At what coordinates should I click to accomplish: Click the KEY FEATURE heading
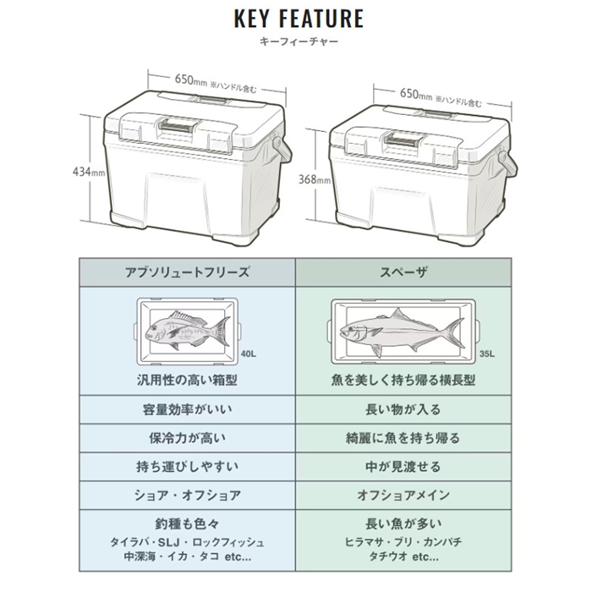pyautogui.click(x=295, y=19)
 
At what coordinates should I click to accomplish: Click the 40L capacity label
pyautogui.click(x=248, y=354)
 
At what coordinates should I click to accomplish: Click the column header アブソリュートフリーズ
pyautogui.click(x=186, y=272)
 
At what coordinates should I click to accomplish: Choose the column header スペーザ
pyautogui.click(x=404, y=272)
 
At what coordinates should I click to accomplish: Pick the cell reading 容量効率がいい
pyautogui.click(x=186, y=409)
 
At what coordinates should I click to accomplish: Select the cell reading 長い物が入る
pyautogui.click(x=404, y=409)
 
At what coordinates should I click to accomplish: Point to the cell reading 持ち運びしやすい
pyautogui.click(x=186, y=466)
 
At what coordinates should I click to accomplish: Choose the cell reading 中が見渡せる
pyautogui.click(x=404, y=466)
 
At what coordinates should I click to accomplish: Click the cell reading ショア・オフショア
pyautogui.click(x=186, y=495)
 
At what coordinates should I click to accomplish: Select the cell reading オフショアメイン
pyautogui.click(x=404, y=495)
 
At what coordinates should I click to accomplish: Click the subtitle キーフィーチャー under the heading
pyautogui.click(x=295, y=41)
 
